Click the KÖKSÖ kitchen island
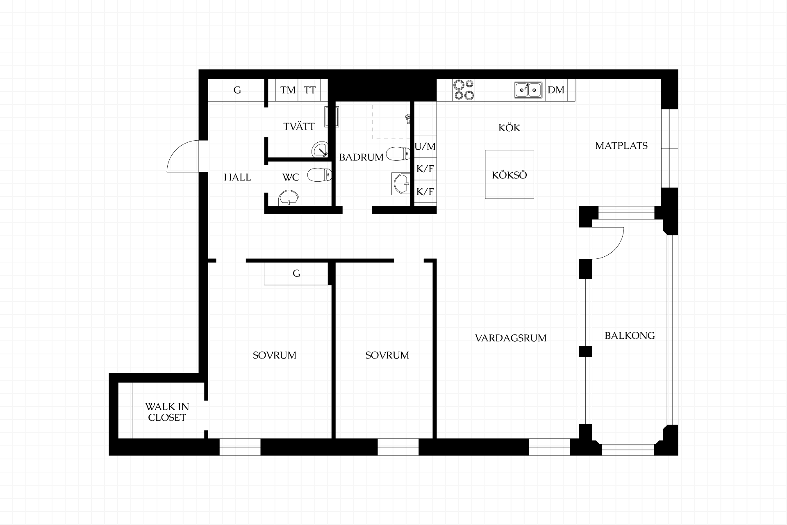[x=510, y=174]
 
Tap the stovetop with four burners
[x=464, y=90]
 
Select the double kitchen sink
[x=528, y=90]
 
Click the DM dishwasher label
[x=556, y=90]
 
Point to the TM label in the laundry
[x=288, y=90]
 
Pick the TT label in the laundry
[x=310, y=90]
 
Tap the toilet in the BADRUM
[x=398, y=154]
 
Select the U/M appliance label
[x=425, y=146]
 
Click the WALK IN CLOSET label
[x=167, y=412]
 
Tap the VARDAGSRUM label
[x=511, y=338]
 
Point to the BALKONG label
[x=630, y=336]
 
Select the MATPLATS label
[x=621, y=146]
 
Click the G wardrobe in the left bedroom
[x=296, y=274]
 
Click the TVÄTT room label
[x=299, y=126]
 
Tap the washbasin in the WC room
[x=289, y=198]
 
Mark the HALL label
[x=238, y=177]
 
